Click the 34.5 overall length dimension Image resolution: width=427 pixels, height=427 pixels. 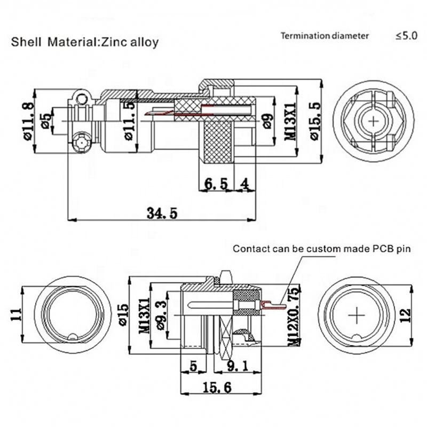point(162,212)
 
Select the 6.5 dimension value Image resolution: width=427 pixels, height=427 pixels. point(216,184)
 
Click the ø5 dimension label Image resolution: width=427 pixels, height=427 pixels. point(46,121)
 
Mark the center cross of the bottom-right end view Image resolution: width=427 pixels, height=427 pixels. point(355,316)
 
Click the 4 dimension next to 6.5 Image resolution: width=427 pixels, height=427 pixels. point(244,184)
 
